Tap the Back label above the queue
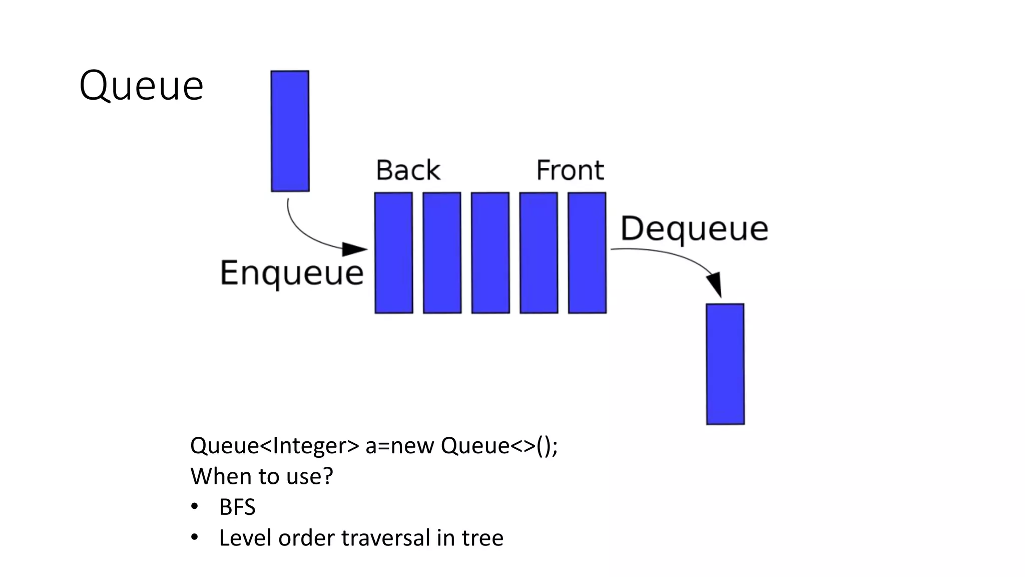pyautogui.click(x=408, y=170)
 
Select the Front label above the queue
pyautogui.click(x=570, y=170)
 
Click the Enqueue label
pyautogui.click(x=292, y=273)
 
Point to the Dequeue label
pyautogui.click(x=694, y=229)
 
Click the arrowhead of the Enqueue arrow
pyautogui.click(x=356, y=248)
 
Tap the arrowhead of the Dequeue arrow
pyautogui.click(x=715, y=284)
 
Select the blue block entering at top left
pyautogui.click(x=290, y=131)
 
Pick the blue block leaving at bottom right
pyautogui.click(x=725, y=364)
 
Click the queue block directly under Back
pyautogui.click(x=394, y=253)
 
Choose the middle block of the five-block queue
pyautogui.click(x=490, y=253)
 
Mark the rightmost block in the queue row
pyautogui.click(x=587, y=253)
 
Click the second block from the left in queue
pyautogui.click(x=442, y=253)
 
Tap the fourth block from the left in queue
pyautogui.click(x=539, y=253)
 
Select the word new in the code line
pyautogui.click(x=412, y=446)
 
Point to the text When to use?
pyautogui.click(x=261, y=476)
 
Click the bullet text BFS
pyautogui.click(x=237, y=507)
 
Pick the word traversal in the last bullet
pyautogui.click(x=385, y=538)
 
